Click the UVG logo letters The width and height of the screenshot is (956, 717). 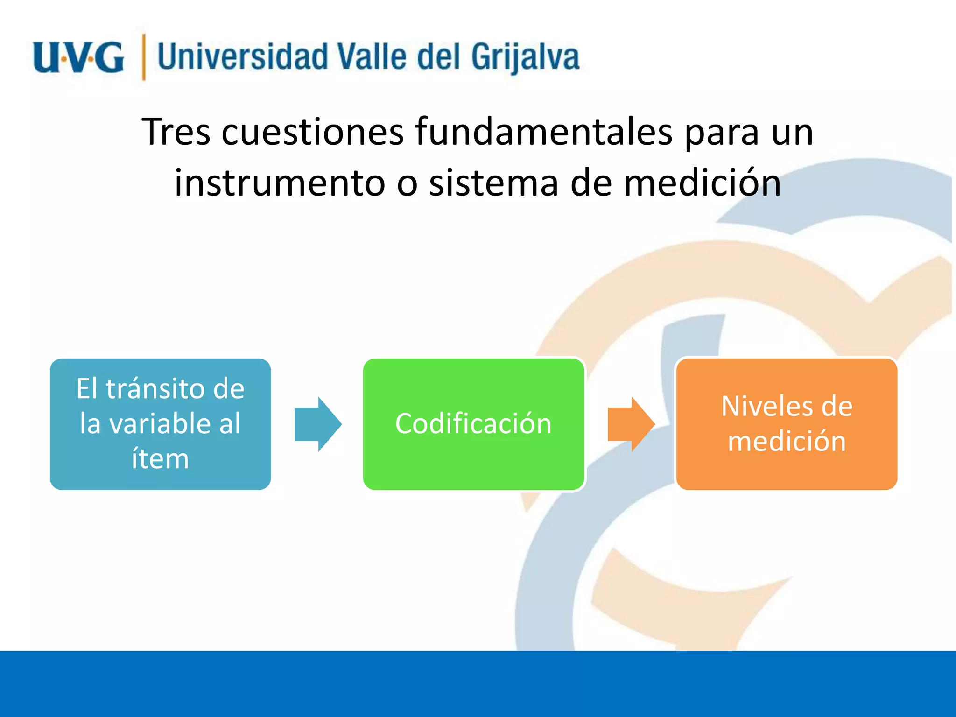[78, 58]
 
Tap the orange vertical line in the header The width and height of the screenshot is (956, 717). [143, 57]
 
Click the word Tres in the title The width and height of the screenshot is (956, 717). [176, 132]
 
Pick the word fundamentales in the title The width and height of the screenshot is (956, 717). [544, 132]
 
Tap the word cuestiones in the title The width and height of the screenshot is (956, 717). [312, 132]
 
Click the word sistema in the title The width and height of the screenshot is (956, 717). [493, 183]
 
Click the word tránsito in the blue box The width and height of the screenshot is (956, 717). [156, 388]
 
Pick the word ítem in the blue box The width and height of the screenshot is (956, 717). [160, 459]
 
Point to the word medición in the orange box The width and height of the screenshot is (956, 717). [787, 442]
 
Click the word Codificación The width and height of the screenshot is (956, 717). [473, 424]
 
